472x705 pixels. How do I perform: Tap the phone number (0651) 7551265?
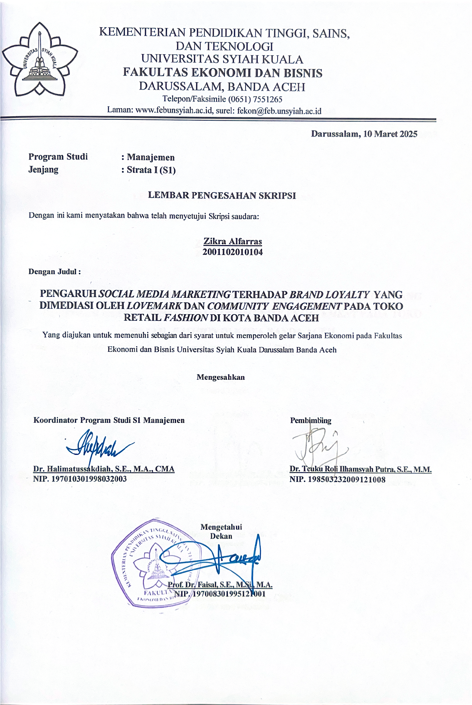pos(255,99)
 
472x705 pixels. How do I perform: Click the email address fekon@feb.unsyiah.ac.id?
pos(279,111)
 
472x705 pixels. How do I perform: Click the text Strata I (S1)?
pos(151,170)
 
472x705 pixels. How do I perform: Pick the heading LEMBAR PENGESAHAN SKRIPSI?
pos(222,196)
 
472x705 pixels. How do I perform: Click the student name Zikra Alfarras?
pos(233,241)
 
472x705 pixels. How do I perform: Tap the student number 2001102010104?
pos(233,252)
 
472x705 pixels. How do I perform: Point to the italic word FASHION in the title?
pos(187,318)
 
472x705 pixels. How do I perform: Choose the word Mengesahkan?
pos(221,377)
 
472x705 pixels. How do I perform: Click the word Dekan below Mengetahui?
pos(221,536)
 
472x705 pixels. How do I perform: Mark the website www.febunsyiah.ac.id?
pos(174,111)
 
